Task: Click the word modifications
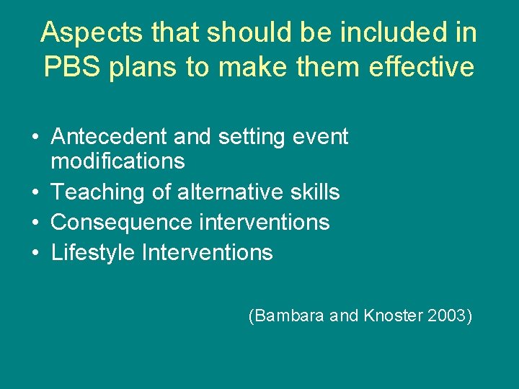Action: point(117,161)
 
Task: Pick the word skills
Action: point(311,192)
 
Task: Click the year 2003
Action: point(445,316)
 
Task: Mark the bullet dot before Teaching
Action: point(35,193)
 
